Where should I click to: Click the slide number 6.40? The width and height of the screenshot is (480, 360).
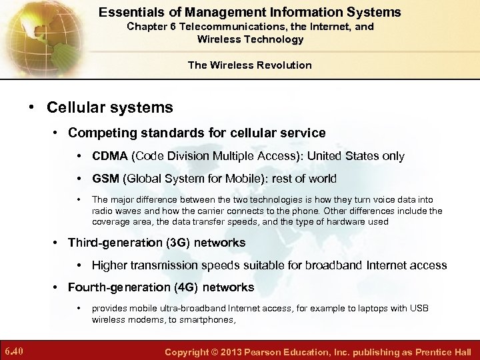[14, 351]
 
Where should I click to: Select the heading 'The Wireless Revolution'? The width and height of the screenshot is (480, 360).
[249, 65]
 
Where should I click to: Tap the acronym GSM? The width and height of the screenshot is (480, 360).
[105, 179]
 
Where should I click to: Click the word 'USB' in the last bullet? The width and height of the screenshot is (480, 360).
[419, 308]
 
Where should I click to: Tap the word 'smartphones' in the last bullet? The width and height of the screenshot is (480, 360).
[207, 319]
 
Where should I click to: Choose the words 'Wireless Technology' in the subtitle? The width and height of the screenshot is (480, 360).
[250, 39]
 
